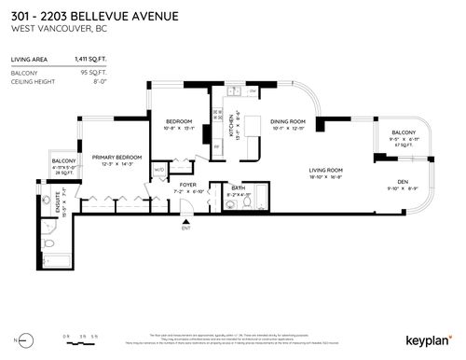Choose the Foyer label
pyautogui.click(x=188, y=186)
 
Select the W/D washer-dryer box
pyautogui.click(x=159, y=169)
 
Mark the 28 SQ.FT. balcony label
pyautogui.click(x=63, y=172)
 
